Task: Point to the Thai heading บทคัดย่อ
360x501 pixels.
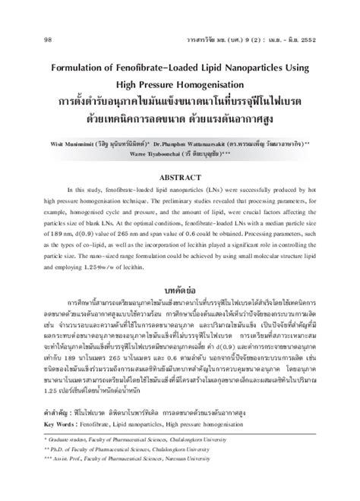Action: point(180,294)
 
